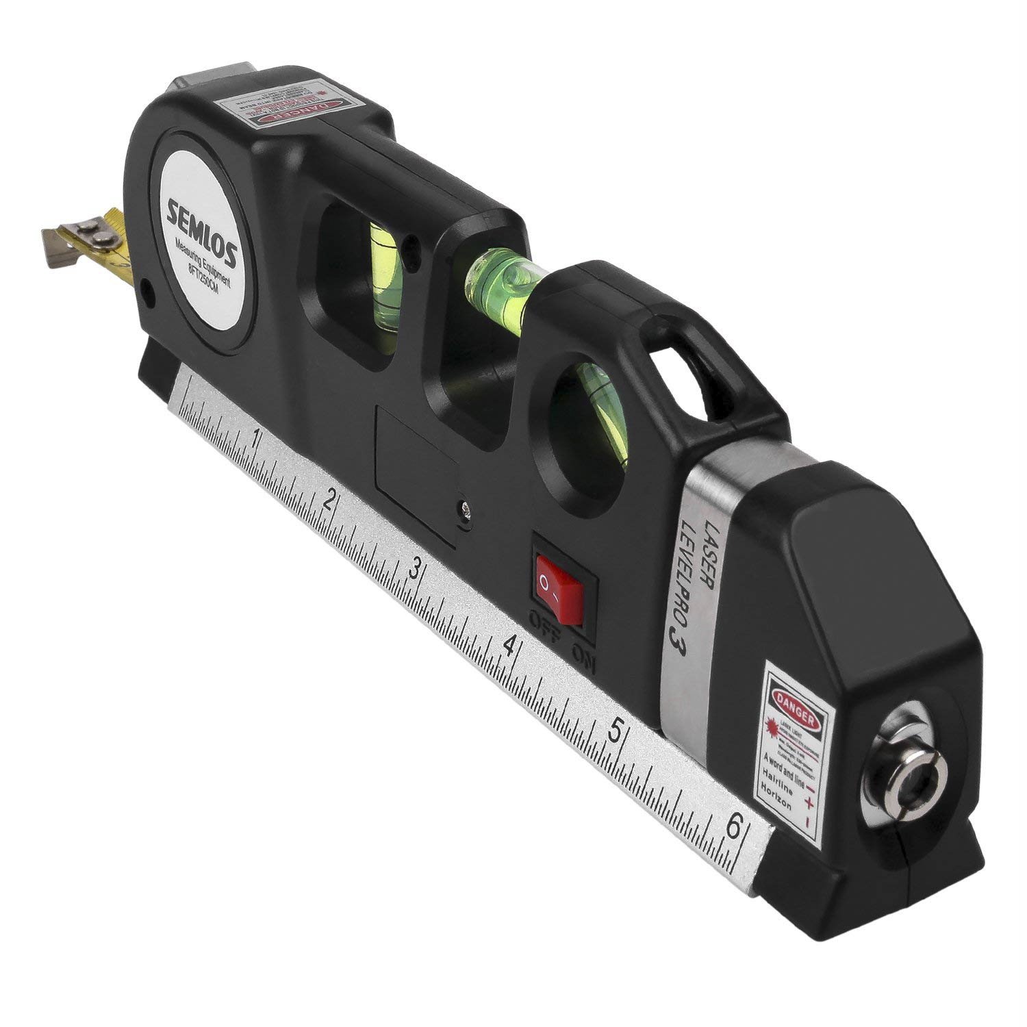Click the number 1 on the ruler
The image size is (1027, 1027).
[x=256, y=438]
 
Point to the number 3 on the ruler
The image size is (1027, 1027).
[x=414, y=568]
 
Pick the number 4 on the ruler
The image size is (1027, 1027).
[x=508, y=644]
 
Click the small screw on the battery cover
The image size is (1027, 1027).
[x=466, y=508]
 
